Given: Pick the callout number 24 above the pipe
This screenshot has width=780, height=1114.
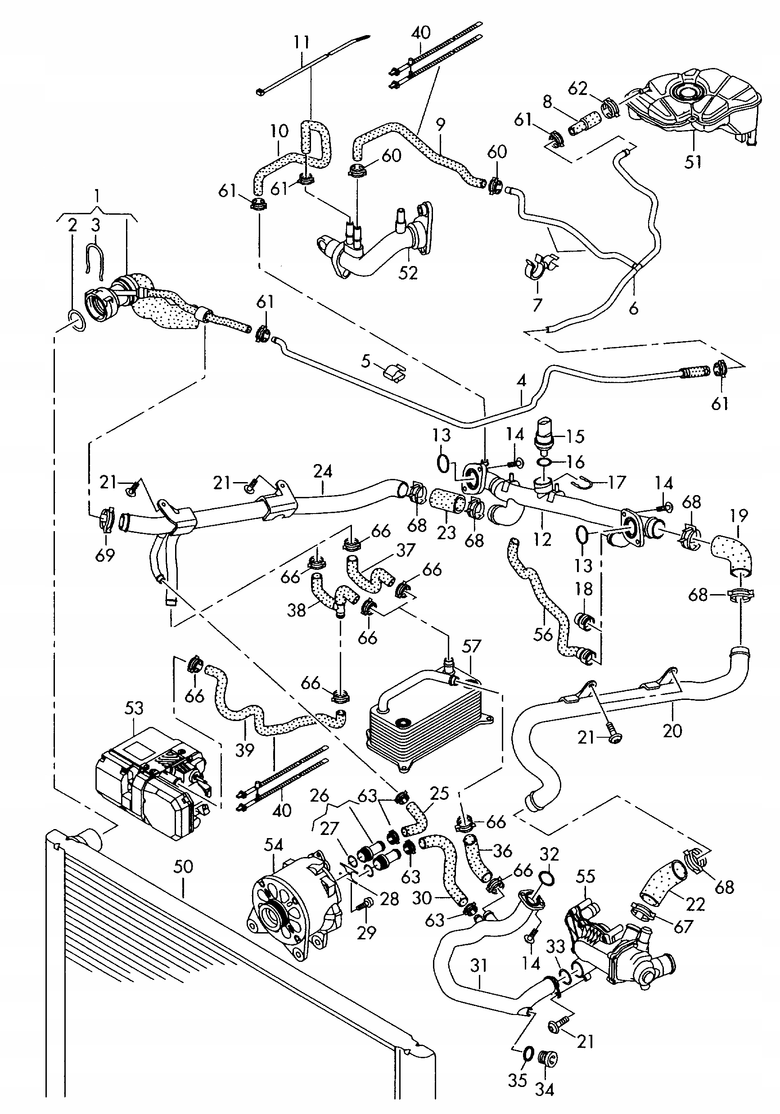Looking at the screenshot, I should [x=323, y=471].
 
